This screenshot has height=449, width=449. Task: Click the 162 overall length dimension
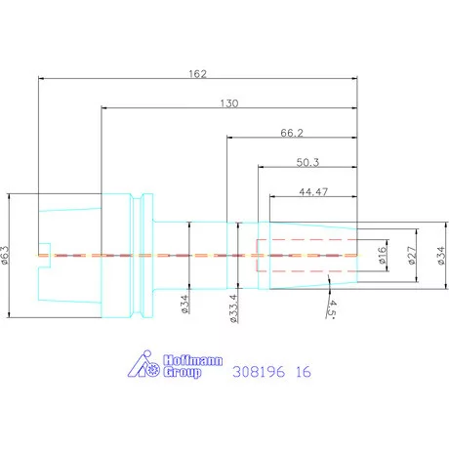(x=197, y=74)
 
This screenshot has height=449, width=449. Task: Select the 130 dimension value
(x=229, y=103)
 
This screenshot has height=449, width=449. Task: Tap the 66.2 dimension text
(x=292, y=133)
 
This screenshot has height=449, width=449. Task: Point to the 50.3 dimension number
(x=307, y=162)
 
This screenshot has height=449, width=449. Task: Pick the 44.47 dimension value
(x=313, y=191)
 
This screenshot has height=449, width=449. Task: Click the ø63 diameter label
(x=6, y=255)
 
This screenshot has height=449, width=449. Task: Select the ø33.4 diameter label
(x=234, y=308)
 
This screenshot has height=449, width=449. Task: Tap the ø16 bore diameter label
(x=382, y=255)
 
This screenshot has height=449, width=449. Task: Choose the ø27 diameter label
(x=412, y=255)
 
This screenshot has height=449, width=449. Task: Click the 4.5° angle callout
(x=332, y=308)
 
